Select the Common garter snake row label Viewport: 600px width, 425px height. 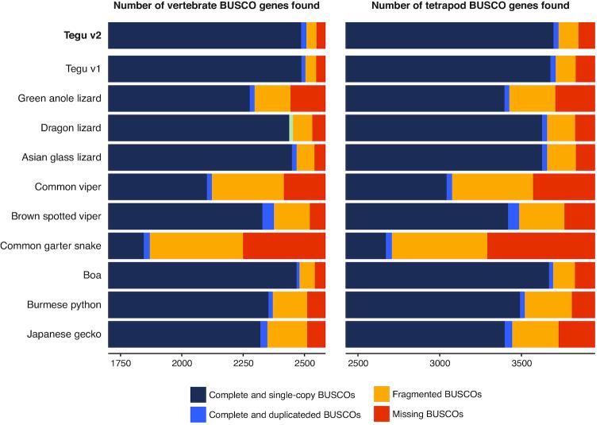(x=52, y=246)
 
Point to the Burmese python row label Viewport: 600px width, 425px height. (x=64, y=305)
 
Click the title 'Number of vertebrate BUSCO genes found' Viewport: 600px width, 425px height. (x=217, y=7)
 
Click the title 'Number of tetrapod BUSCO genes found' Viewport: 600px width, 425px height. (x=471, y=7)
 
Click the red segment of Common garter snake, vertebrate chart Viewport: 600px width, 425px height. (x=284, y=246)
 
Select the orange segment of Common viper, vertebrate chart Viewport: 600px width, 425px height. (x=248, y=186)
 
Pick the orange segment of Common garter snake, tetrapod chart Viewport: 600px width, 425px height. (x=440, y=246)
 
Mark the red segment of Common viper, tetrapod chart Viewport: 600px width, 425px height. (x=563, y=186)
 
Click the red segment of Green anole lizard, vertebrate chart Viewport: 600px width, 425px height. (x=308, y=98)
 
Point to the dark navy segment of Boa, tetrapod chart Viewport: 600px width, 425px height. (x=448, y=275)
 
